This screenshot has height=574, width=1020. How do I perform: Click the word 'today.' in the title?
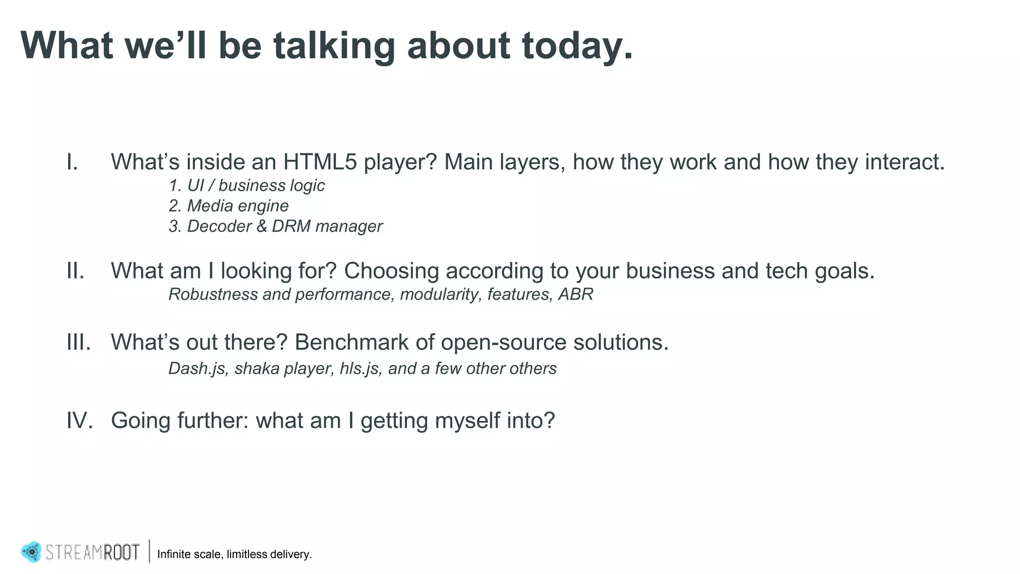tap(577, 46)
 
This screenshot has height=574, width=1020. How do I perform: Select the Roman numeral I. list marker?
tap(73, 162)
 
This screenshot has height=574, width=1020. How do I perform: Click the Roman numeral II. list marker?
tap(76, 271)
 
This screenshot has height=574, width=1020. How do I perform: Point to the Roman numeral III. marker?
tap(79, 342)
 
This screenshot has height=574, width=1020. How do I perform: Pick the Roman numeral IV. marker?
tap(80, 421)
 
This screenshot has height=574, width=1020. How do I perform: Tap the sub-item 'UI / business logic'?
tap(255, 185)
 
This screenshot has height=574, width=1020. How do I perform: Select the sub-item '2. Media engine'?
tap(229, 206)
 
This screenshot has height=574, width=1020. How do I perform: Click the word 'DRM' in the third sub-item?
tap(291, 226)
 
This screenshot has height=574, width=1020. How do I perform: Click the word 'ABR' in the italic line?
tap(576, 294)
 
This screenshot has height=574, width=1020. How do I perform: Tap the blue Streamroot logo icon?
tap(31, 552)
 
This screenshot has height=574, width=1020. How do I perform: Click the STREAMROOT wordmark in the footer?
tap(93, 552)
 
